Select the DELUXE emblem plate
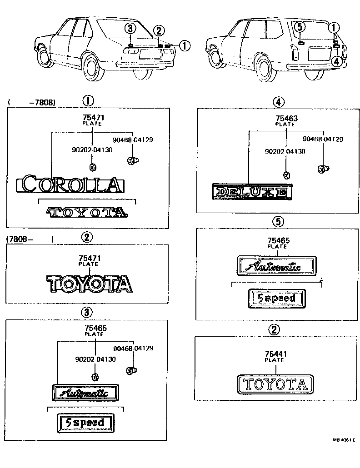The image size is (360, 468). [251, 192]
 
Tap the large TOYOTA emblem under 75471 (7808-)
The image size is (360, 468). [90, 284]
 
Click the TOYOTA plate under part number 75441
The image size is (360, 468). [275, 384]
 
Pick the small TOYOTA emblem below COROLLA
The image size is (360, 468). [86, 211]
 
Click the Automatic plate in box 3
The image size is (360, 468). [86, 392]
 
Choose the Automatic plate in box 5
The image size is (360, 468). [276, 265]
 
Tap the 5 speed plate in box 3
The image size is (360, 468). [86, 422]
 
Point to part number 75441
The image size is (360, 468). [275, 354]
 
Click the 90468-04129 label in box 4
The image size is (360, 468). [322, 139]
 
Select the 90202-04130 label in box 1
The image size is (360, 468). [92, 150]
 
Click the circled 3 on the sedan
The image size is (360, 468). [130, 29]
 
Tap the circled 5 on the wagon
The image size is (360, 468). [299, 27]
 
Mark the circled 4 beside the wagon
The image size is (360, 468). [335, 61]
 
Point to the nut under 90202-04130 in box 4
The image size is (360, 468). [286, 175]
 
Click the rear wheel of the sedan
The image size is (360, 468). [92, 67]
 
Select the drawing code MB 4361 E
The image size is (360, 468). [343, 440]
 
